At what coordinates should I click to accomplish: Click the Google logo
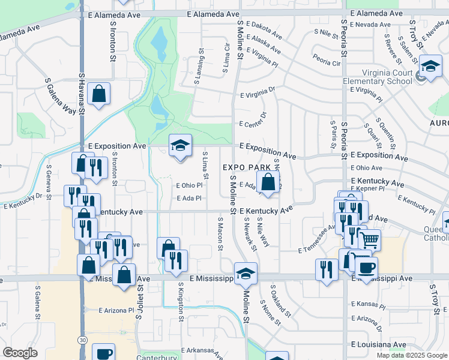point(20,353)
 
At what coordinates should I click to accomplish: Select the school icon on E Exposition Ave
point(180,145)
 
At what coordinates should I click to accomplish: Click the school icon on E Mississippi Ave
point(246,274)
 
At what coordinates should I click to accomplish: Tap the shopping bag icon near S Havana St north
point(99,94)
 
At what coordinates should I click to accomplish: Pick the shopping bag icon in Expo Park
point(268,182)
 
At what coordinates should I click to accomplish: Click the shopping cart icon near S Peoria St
point(369,240)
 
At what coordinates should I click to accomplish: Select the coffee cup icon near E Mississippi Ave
point(366,268)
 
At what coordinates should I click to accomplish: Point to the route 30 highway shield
point(82,340)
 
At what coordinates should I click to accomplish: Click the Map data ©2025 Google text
point(411,355)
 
